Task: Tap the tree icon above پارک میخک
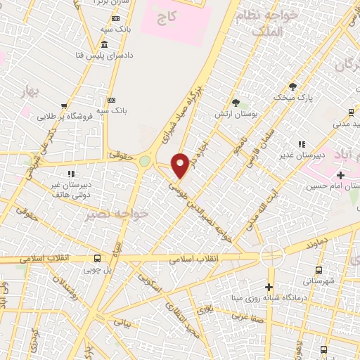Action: tap(292, 86)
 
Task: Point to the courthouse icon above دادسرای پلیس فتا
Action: tap(105, 44)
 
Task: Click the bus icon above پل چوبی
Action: tap(98, 257)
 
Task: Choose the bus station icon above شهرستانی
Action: tap(319, 269)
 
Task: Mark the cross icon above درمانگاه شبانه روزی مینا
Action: tap(269, 287)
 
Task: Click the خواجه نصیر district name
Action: tap(117, 214)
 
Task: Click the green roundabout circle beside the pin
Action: tap(145, 161)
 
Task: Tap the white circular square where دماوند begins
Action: tap(271, 254)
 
